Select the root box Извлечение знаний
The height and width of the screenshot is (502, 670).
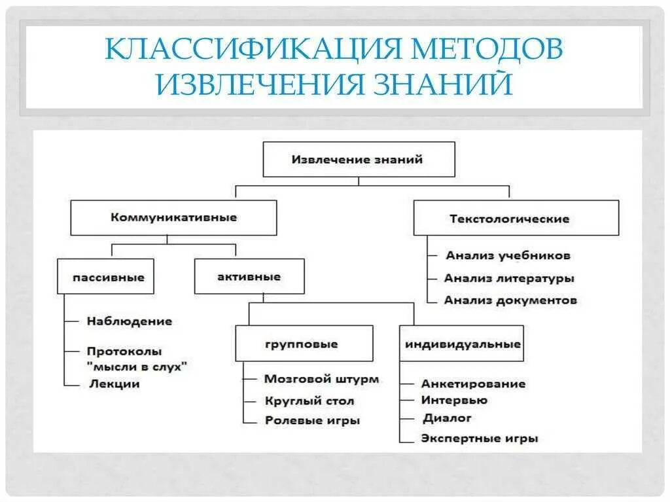(x=359, y=160)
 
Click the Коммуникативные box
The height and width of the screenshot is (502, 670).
(x=173, y=217)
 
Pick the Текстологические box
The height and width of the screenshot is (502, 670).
(x=516, y=218)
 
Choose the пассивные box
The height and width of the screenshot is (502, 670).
(x=109, y=277)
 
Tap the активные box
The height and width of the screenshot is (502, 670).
(x=249, y=276)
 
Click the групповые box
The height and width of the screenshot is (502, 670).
(x=304, y=344)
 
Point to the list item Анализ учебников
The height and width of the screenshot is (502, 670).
(x=508, y=255)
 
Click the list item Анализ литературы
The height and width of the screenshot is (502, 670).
(x=509, y=278)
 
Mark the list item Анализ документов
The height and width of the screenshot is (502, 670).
(x=510, y=300)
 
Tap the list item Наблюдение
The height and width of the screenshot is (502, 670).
(x=129, y=321)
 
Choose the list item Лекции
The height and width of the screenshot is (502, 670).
(x=114, y=384)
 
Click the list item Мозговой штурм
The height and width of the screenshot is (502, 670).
(x=321, y=379)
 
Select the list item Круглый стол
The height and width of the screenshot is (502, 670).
(x=309, y=400)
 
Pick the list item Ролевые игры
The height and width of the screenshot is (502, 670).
(x=312, y=421)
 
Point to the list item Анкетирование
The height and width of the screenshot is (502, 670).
(x=473, y=384)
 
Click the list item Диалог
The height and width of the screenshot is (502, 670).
(x=447, y=418)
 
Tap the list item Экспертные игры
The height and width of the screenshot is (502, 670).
(x=480, y=439)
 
